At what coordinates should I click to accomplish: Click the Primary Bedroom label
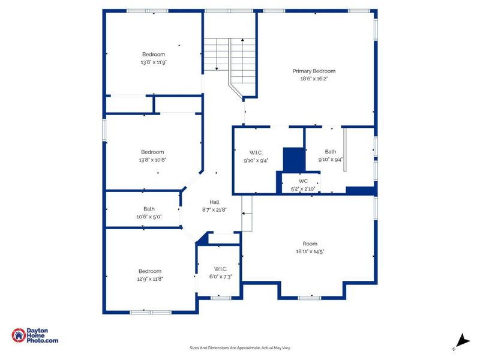click(314, 71)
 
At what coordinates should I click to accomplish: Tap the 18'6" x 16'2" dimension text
click(314, 79)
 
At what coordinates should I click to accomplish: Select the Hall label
click(214, 202)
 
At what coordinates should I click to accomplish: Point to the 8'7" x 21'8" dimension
click(214, 210)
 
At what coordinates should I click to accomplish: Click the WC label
click(303, 181)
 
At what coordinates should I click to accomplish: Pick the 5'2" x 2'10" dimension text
click(303, 188)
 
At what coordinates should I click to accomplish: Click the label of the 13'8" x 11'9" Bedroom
click(153, 54)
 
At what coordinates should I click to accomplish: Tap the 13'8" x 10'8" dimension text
click(152, 160)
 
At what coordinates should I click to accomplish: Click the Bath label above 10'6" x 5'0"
click(149, 209)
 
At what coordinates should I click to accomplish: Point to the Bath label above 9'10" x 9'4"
click(331, 152)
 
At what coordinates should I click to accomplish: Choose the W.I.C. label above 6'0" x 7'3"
click(219, 268)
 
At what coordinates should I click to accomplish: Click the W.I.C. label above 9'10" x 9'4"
click(256, 152)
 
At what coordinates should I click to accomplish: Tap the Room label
click(310, 244)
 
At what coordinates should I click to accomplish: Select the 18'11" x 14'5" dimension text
click(310, 252)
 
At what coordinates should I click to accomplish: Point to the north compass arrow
click(461, 340)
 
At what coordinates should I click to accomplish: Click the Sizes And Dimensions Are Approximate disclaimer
click(240, 347)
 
